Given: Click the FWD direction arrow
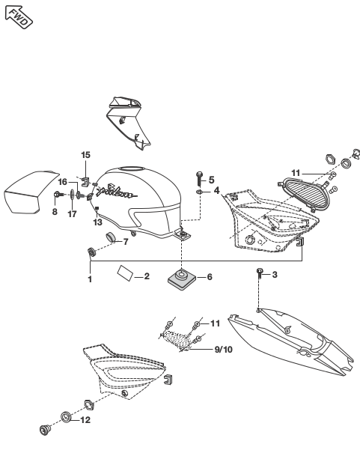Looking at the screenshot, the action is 19,17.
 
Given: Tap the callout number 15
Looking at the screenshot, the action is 85,155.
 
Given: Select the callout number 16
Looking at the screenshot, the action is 63,182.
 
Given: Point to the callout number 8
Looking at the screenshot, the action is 55,212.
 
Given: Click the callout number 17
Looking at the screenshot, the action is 72,214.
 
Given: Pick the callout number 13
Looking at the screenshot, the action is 97,222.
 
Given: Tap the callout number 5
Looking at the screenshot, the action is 211,180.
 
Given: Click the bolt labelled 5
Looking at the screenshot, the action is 199,178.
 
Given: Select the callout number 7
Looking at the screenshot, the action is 125,242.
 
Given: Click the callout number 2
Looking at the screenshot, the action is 147,276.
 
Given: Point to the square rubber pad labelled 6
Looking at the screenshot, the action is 182,279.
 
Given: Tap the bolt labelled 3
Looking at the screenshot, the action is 260,273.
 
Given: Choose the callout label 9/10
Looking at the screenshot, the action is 224,349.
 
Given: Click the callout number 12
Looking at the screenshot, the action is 85,420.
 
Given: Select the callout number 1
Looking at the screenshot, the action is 90,279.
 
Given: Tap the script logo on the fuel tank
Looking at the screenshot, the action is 116,192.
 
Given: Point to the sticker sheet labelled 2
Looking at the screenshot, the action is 125,273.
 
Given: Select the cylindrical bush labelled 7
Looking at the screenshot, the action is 111,237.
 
